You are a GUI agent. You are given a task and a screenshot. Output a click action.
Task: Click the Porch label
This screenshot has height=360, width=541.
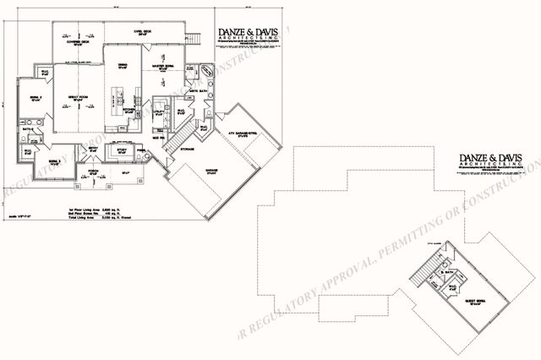[94, 170]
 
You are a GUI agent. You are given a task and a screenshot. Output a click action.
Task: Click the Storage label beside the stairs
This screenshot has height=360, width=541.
[187, 150]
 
